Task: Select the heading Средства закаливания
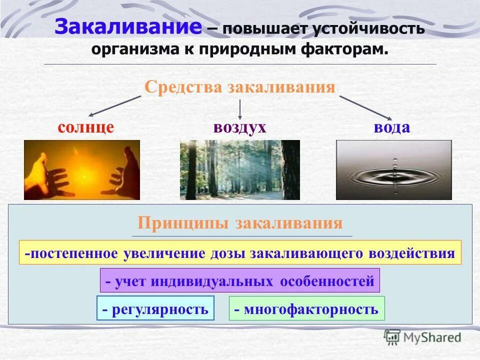239,87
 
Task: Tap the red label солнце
85,127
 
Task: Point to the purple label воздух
239,127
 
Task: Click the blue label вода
391,127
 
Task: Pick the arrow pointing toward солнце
114,106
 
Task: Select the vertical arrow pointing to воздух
240,108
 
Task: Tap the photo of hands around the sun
82,170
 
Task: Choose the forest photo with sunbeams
239,170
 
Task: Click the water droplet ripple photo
393,170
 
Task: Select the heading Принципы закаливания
240,223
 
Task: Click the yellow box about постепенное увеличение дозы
240,253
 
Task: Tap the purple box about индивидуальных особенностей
240,281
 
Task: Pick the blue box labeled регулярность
155,309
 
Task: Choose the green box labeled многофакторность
306,309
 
